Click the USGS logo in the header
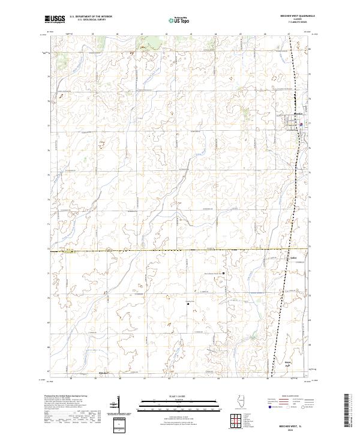[x=55, y=19]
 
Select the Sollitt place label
[x=293, y=259]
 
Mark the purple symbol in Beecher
[x=301, y=125]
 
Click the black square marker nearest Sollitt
[x=224, y=274]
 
